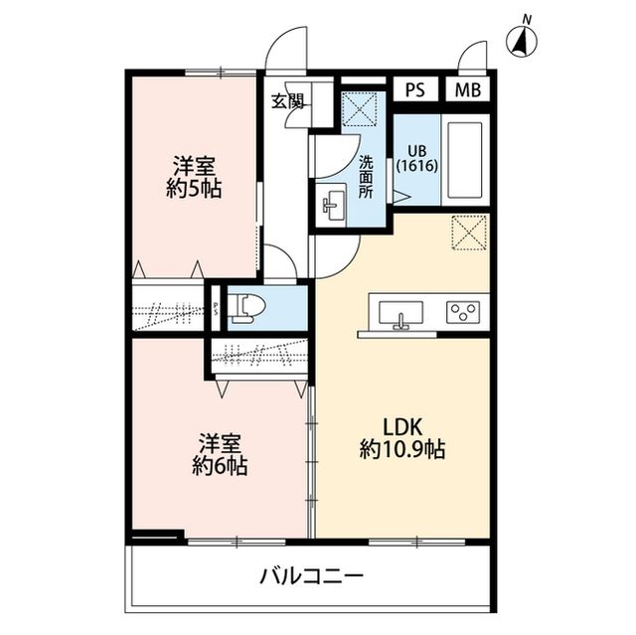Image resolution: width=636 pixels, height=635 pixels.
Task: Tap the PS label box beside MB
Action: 415,89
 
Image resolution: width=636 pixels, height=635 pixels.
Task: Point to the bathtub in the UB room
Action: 462,159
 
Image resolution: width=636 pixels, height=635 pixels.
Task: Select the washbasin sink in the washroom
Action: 331,206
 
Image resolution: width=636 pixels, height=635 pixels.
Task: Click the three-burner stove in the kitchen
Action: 462,312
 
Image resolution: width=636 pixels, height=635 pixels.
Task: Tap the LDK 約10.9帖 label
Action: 401,437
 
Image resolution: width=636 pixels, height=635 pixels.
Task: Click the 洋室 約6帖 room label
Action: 220,453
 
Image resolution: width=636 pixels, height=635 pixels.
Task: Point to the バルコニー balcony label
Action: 311,575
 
